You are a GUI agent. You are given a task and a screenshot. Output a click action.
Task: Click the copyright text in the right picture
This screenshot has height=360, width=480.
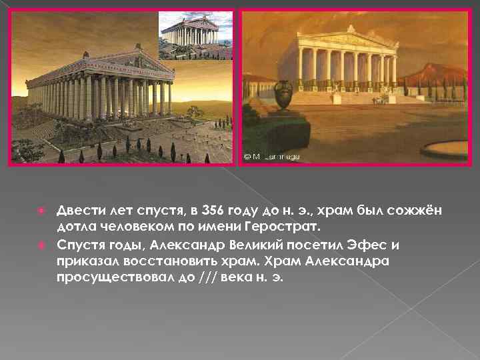pyautogui.click(x=271, y=157)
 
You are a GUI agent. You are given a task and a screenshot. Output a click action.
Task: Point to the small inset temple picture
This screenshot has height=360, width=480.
pyautogui.click(x=195, y=36)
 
